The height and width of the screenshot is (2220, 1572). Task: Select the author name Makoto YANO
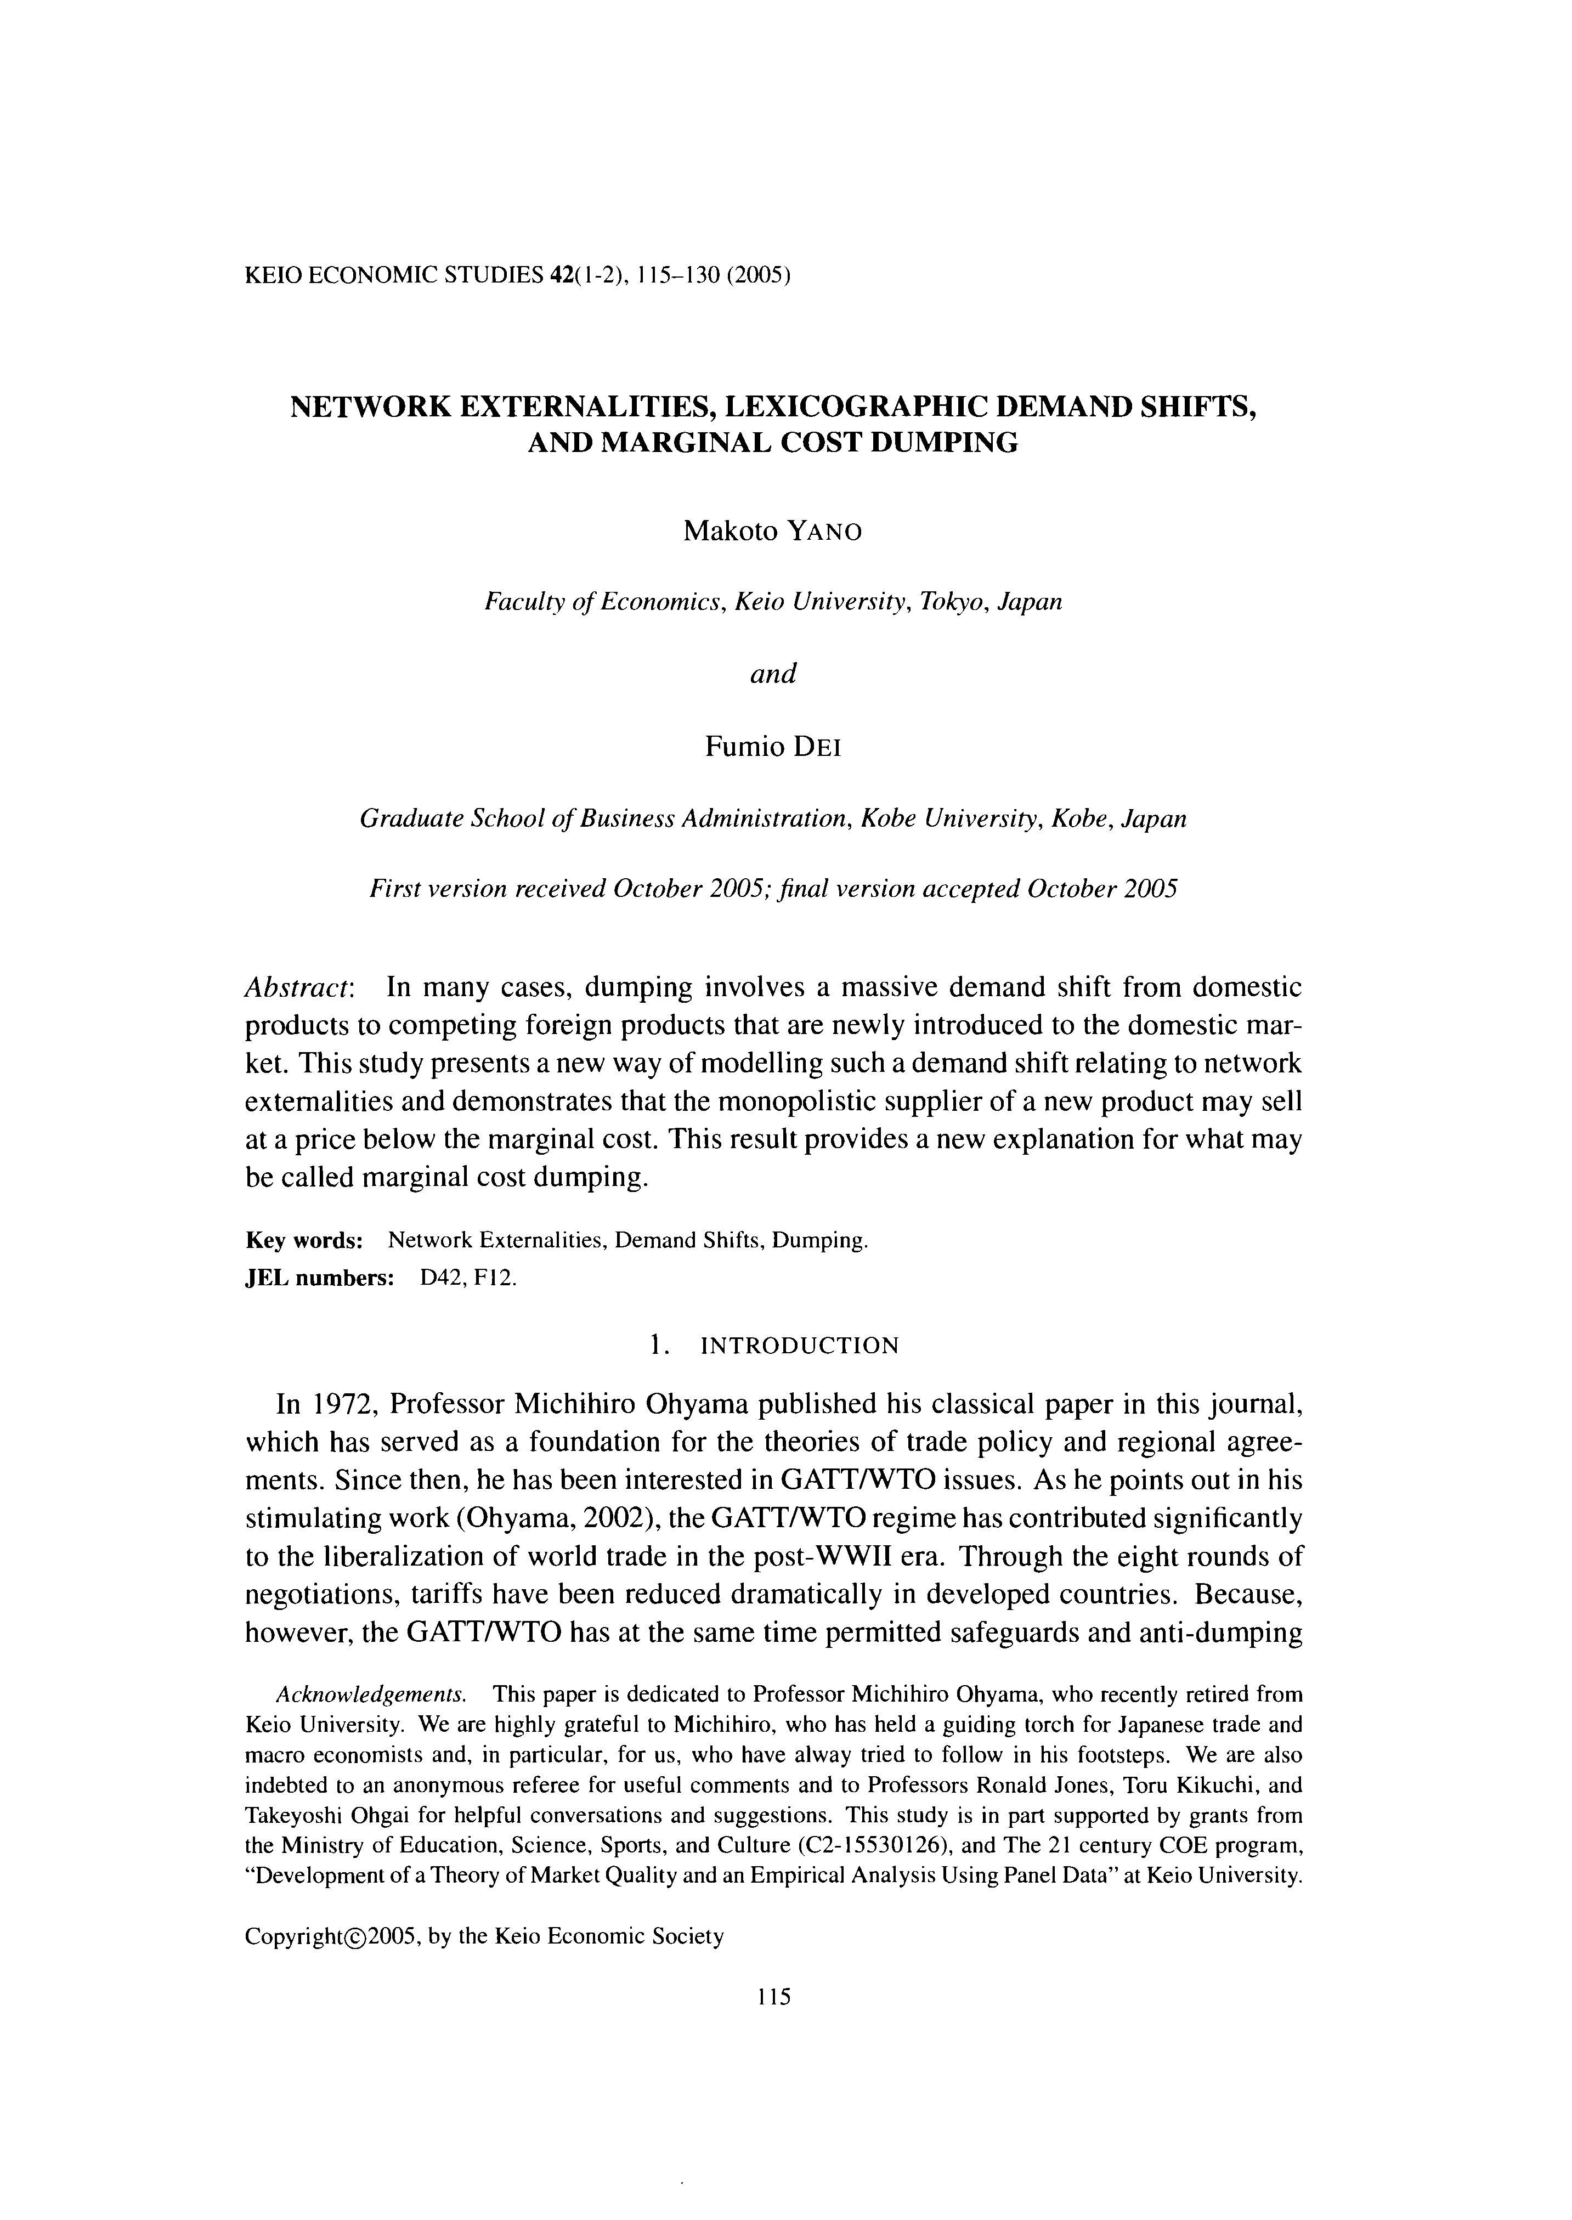772,532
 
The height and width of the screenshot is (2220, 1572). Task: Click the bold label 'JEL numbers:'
319,1278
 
